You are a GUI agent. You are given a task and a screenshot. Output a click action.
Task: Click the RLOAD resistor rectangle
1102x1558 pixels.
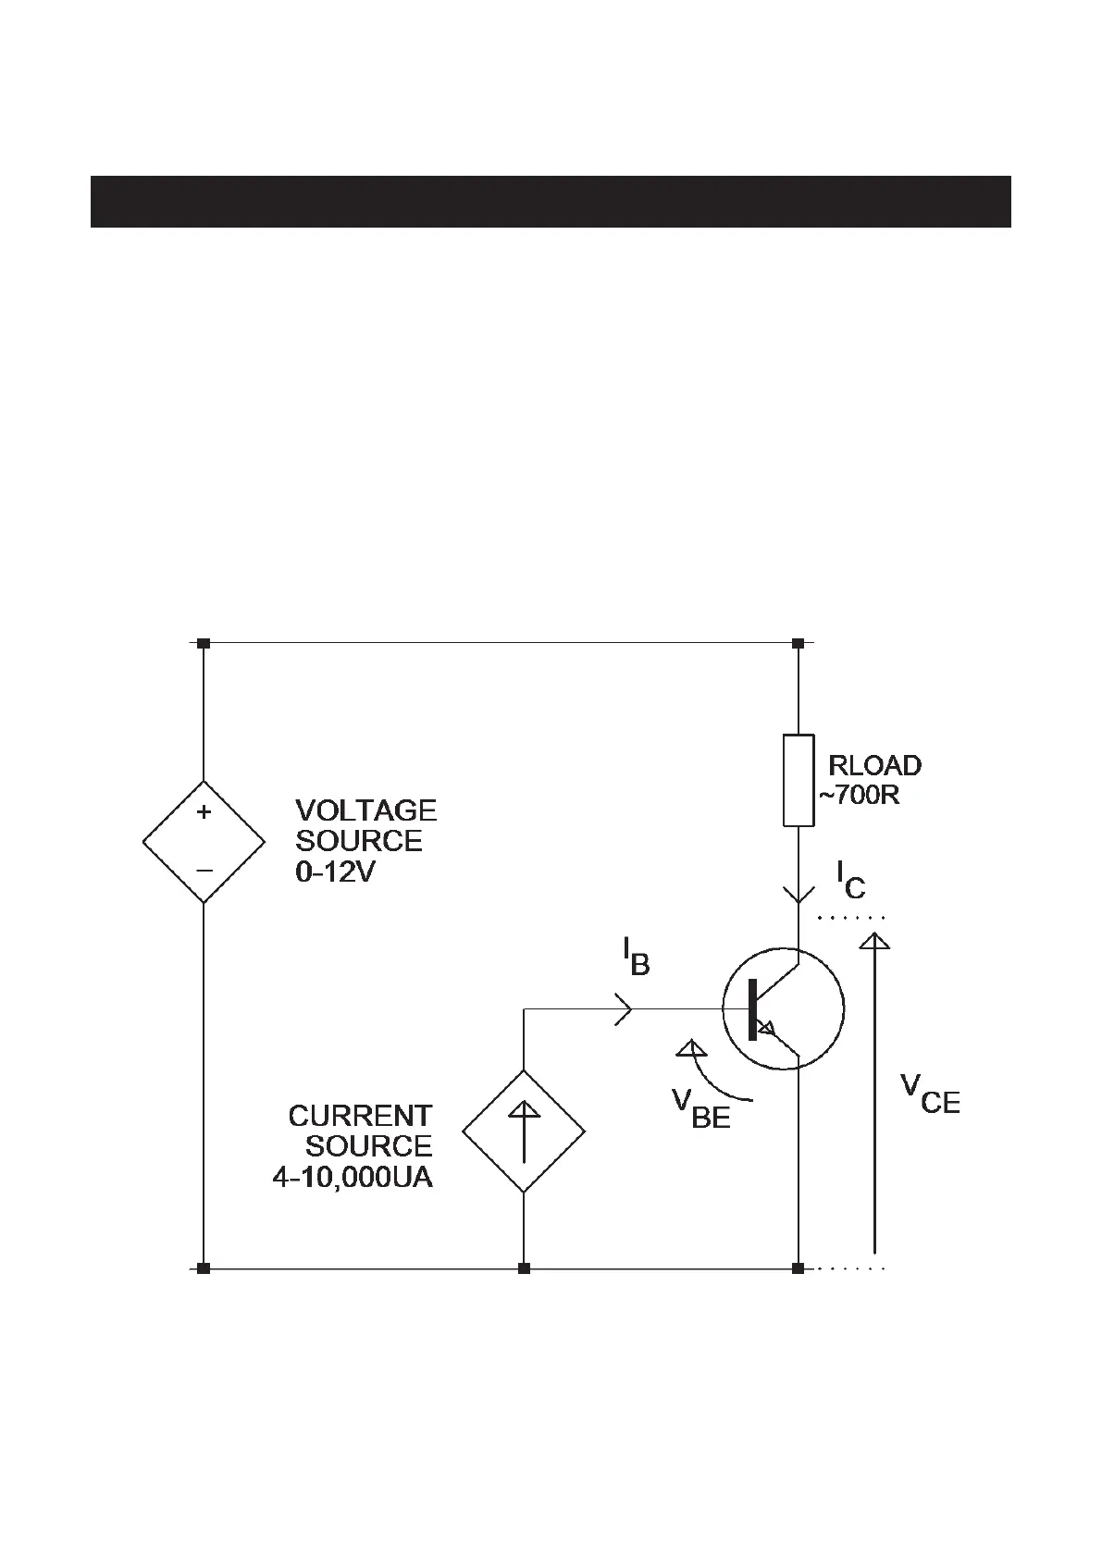pos(799,780)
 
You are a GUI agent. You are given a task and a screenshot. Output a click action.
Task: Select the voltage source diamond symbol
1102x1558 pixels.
pos(204,841)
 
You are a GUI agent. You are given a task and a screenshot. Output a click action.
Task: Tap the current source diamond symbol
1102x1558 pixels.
pos(524,1131)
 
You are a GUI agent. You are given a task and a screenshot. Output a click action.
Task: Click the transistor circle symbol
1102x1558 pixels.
pos(783,1008)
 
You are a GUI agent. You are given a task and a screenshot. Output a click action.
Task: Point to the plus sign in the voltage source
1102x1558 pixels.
pos(204,812)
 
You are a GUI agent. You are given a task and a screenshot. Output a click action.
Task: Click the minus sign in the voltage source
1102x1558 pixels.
pos(204,871)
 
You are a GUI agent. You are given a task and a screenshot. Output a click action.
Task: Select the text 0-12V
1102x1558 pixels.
pos(335,872)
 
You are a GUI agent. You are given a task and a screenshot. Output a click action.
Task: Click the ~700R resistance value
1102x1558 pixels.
pos(858,795)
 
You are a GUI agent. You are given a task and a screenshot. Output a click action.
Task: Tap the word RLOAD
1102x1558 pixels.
pos(874,765)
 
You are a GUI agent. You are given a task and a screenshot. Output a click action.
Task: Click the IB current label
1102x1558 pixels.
pos(636,956)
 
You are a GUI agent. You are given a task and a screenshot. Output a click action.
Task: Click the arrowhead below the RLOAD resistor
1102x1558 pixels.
pos(799,894)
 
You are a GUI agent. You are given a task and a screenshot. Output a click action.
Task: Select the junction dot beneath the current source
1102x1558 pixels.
pos(524,1268)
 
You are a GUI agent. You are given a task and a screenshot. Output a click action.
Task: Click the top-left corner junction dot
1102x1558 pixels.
pos(204,642)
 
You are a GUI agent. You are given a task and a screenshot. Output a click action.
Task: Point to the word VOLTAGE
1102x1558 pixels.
pos(365,810)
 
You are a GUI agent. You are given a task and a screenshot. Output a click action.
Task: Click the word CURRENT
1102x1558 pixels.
pos(360,1116)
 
